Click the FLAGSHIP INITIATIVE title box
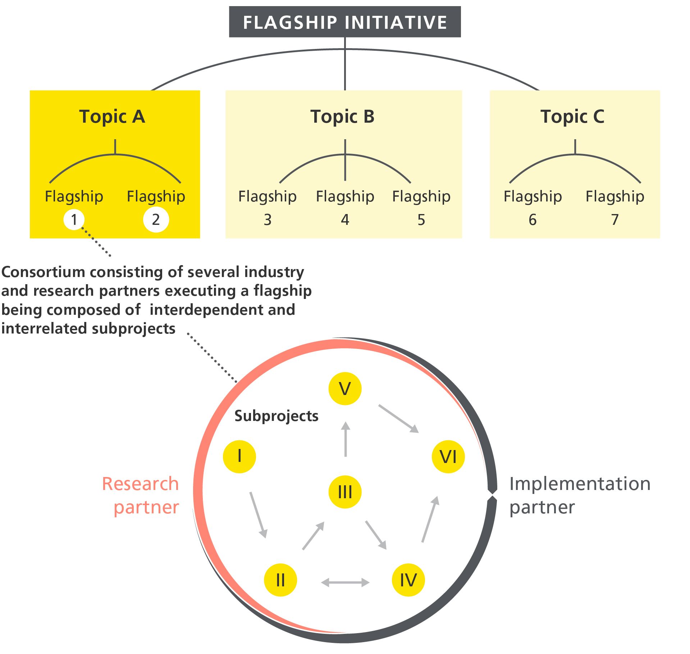point(344,22)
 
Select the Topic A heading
point(112,117)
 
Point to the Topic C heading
point(572,117)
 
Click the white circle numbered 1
point(74,219)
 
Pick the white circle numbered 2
point(156,219)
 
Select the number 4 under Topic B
point(345,220)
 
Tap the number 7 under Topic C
point(615,220)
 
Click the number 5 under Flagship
point(421,220)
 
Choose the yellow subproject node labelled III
point(345,492)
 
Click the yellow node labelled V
point(345,389)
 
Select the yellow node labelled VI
point(448,457)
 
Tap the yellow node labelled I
point(239,456)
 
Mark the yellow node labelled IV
point(408,580)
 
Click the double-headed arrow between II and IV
point(345,582)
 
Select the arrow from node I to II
point(258,514)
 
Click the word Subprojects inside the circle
point(276,416)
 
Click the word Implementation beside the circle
point(580,484)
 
